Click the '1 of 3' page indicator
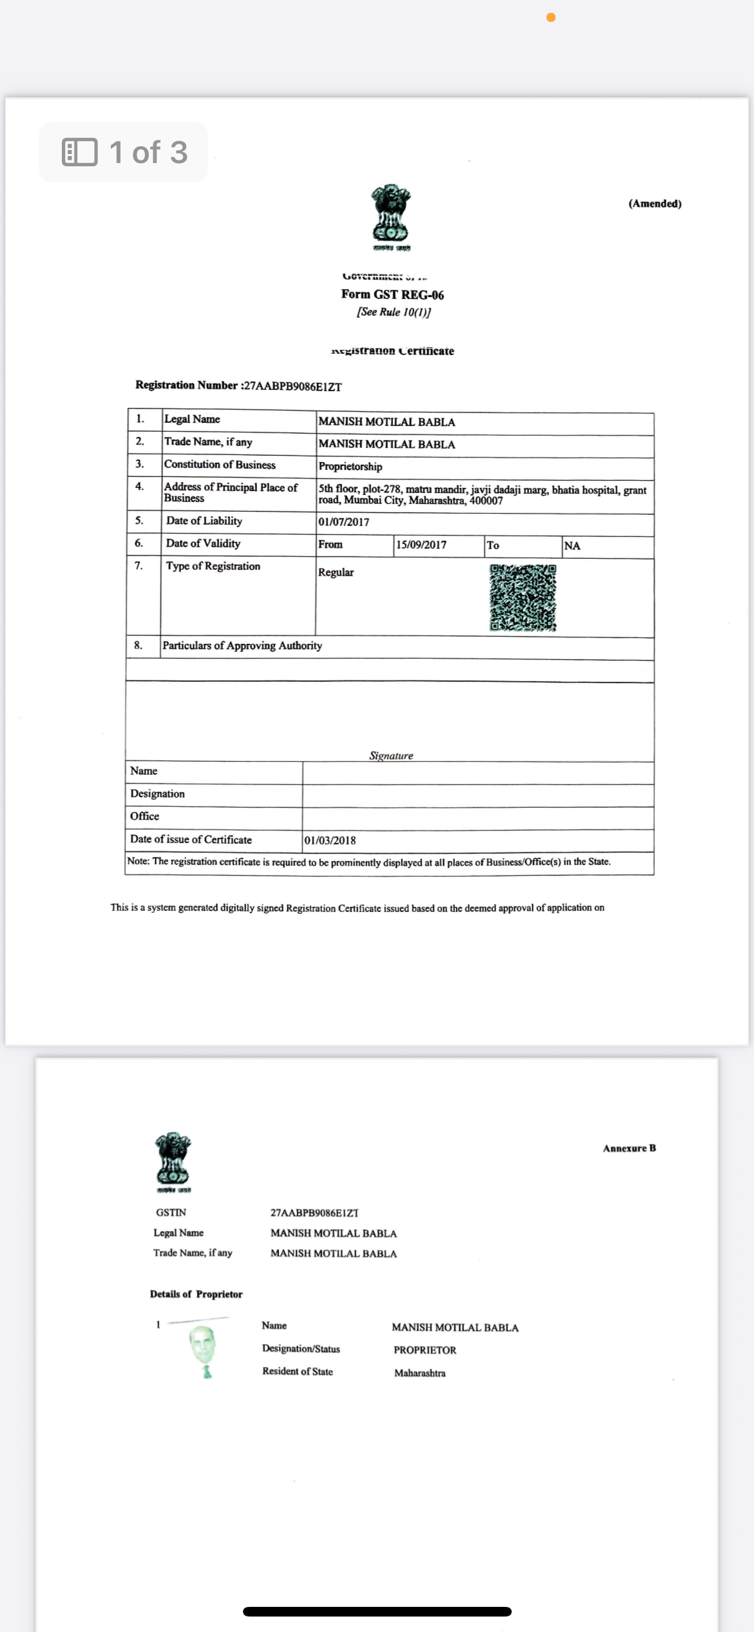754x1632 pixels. click(x=124, y=153)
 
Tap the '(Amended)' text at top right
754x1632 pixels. click(x=655, y=204)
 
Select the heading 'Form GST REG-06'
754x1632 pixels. click(x=392, y=295)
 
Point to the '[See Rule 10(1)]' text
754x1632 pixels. click(x=394, y=312)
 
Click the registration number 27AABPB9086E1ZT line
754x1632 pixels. click(x=238, y=386)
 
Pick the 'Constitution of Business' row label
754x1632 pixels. click(x=220, y=465)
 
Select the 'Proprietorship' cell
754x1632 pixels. click(x=351, y=467)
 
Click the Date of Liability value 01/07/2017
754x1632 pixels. click(x=344, y=522)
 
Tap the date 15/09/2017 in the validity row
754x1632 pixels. click(x=421, y=545)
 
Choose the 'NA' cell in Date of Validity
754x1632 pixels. click(x=572, y=546)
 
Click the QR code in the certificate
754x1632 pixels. click(x=523, y=598)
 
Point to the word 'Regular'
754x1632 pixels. click(x=336, y=572)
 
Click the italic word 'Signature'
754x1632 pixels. click(x=391, y=755)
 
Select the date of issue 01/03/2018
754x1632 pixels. click(x=330, y=840)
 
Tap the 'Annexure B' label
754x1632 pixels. click(x=629, y=1149)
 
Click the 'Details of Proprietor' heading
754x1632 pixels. click(x=196, y=1294)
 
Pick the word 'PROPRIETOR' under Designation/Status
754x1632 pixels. click(x=425, y=1350)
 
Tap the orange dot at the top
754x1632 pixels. click(x=551, y=17)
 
